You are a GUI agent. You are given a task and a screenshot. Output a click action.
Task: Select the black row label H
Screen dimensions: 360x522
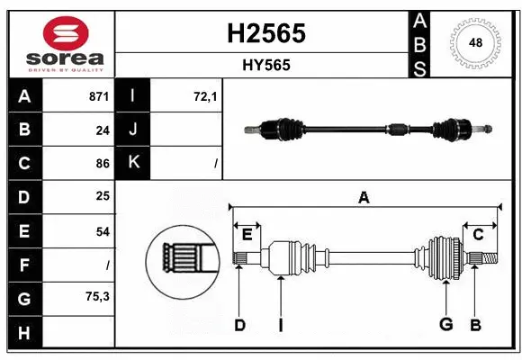[x=23, y=333]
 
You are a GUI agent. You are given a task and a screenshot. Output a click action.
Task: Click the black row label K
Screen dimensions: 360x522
[x=133, y=163]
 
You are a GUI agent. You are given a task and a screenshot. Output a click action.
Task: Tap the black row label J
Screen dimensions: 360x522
[x=133, y=130]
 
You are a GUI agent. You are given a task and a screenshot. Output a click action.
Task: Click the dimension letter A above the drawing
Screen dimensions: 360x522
[x=364, y=198]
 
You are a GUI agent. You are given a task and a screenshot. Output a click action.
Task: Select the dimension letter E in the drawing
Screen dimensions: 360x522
[x=247, y=235]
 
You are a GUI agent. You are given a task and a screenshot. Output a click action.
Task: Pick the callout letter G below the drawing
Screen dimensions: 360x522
[x=445, y=325]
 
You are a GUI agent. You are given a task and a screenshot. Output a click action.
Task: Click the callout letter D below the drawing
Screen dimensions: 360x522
[x=239, y=325]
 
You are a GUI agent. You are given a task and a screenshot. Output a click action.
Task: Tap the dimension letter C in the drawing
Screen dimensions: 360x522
[x=478, y=235]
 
